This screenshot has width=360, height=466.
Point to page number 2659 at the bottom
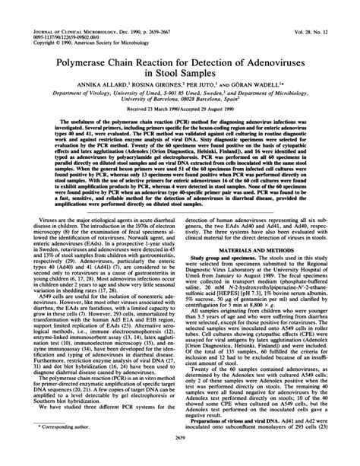pyautogui.click(x=179, y=458)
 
